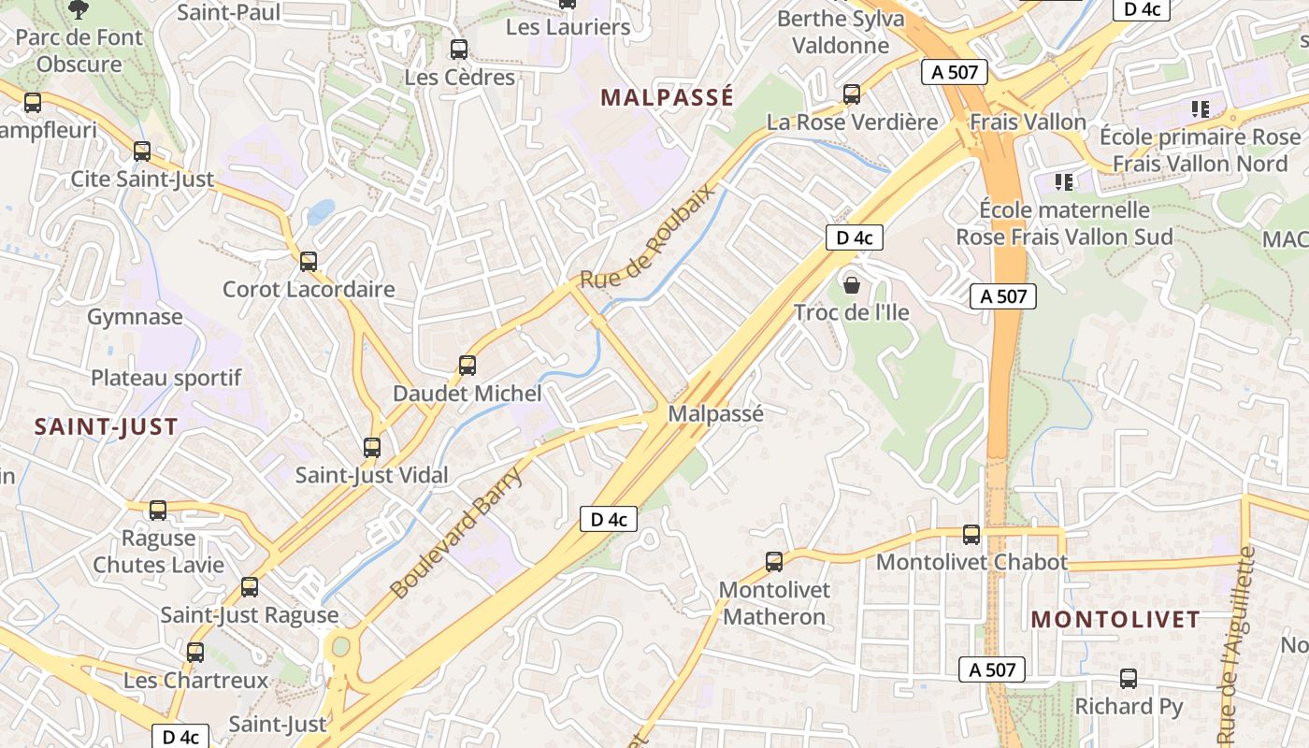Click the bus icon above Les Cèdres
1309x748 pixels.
click(x=458, y=50)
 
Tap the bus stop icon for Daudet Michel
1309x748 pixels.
click(x=467, y=366)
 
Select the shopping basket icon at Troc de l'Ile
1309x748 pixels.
click(x=851, y=284)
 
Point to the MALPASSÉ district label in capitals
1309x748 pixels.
click(x=667, y=97)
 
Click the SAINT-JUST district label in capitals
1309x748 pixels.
click(x=106, y=427)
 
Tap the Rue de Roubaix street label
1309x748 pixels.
click(x=647, y=235)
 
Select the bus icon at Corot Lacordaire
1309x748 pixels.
click(x=309, y=262)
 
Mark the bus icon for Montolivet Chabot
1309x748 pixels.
click(x=971, y=535)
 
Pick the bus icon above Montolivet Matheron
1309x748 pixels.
click(x=774, y=562)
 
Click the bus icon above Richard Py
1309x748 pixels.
click(x=1129, y=679)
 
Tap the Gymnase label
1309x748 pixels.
click(x=135, y=317)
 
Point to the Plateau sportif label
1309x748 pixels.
click(x=165, y=378)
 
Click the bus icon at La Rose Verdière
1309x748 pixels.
click(x=852, y=94)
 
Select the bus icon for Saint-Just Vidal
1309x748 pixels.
click(x=372, y=448)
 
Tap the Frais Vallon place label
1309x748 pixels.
click(x=1028, y=122)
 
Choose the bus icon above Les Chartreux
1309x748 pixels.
click(x=195, y=653)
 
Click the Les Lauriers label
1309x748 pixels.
click(x=568, y=27)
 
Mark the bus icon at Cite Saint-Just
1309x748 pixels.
click(x=142, y=151)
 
